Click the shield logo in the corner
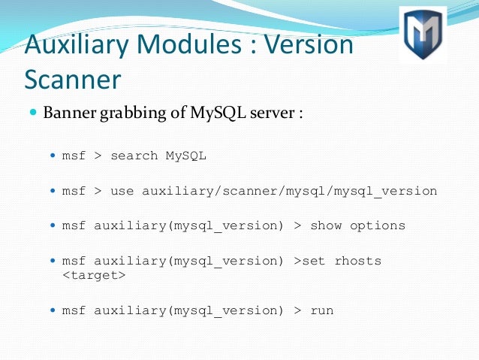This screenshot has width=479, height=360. click(x=423, y=35)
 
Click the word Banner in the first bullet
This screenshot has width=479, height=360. click(x=69, y=113)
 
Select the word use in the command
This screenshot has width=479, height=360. click(x=122, y=191)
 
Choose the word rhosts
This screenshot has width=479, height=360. click(x=357, y=261)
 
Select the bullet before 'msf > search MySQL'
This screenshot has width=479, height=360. click(x=53, y=156)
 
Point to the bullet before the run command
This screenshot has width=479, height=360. click(x=53, y=310)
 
